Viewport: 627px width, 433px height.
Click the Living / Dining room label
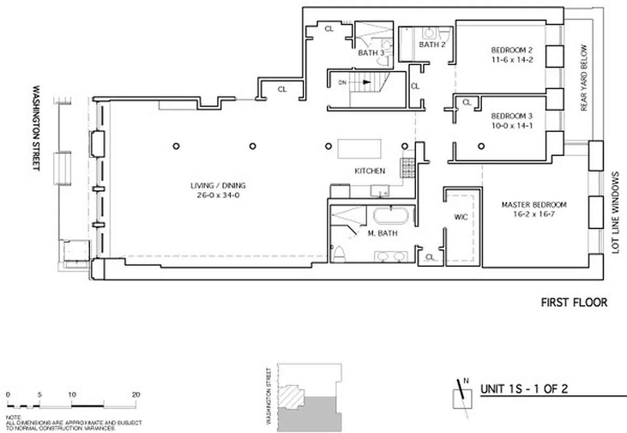pos(214,186)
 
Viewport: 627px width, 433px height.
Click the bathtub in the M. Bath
pos(392,216)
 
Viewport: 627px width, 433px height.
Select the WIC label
pos(461,217)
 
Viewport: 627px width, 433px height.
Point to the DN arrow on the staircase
pos(366,83)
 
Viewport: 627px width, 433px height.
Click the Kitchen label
pos(369,171)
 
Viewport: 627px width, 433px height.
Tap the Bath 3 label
pos(371,53)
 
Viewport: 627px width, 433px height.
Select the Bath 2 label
pos(432,44)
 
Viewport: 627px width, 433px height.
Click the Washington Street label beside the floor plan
pos(36,127)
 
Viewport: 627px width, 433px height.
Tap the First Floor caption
pos(574,303)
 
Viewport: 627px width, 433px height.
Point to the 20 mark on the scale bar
pos(135,395)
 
